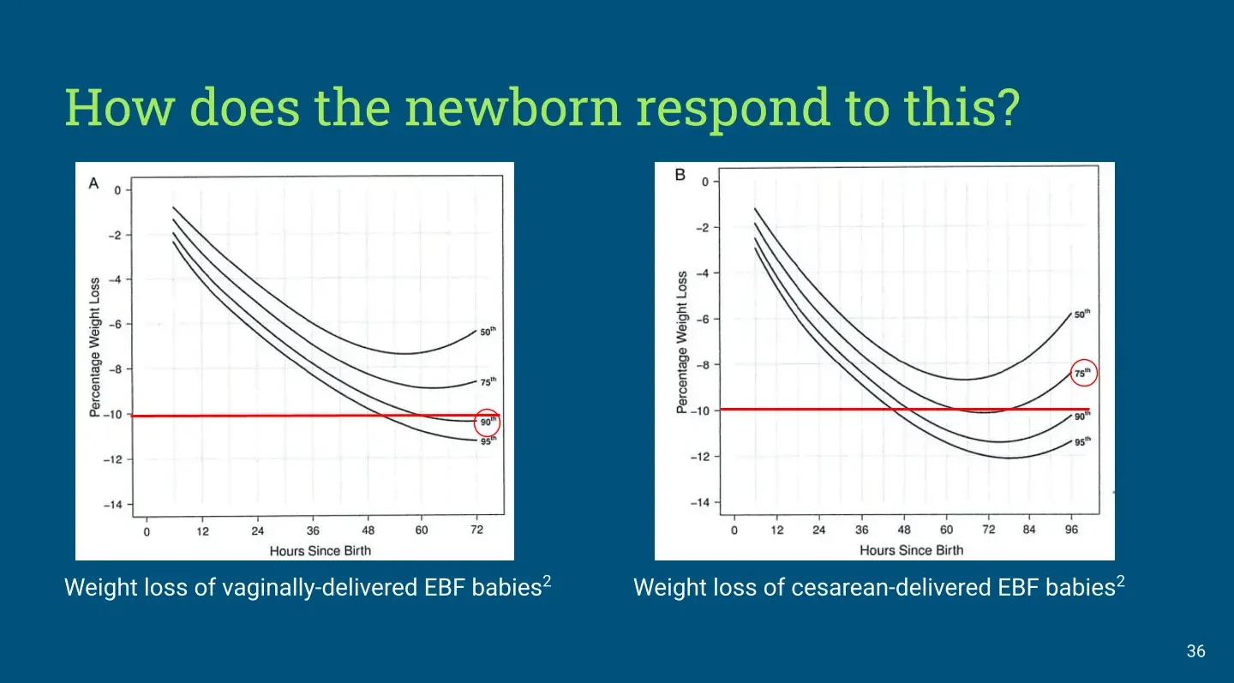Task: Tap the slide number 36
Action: [x=1196, y=651]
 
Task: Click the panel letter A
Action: [x=93, y=183]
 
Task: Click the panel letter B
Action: [x=680, y=175]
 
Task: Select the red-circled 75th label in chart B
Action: [x=1082, y=373]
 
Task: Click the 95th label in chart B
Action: [x=1082, y=441]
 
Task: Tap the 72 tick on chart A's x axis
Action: [x=477, y=530]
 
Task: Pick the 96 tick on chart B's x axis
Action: [x=1071, y=530]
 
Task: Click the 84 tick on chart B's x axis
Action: [x=1029, y=530]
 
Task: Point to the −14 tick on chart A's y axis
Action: [x=113, y=505]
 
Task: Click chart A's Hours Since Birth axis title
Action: [x=320, y=551]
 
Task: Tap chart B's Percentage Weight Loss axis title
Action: [x=682, y=342]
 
